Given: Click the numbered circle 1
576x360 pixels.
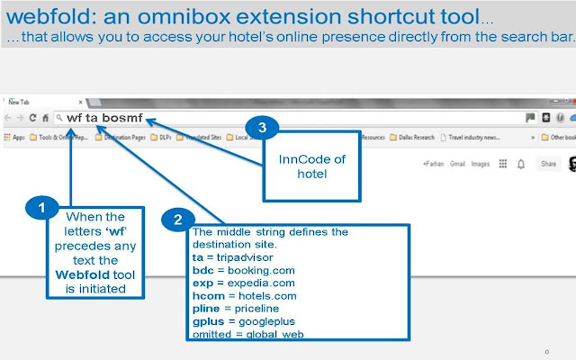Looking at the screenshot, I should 37,210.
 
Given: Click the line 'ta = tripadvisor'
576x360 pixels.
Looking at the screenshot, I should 232,256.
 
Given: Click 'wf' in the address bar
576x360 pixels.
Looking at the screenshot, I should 74,118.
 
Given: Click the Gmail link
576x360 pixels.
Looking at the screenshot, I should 457,164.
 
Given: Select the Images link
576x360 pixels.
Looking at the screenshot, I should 481,164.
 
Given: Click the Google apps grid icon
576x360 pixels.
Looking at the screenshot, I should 502,164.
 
